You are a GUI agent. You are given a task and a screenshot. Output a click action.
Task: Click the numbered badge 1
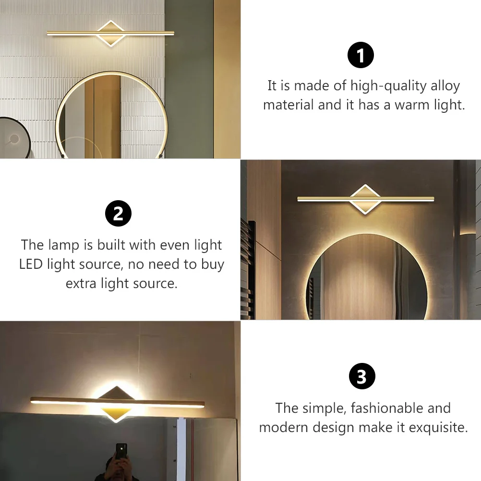coord(361,55)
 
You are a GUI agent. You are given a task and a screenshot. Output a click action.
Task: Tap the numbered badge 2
coord(119,214)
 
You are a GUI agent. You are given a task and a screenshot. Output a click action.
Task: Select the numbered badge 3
coord(361,377)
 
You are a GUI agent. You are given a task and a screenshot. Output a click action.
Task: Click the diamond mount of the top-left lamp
coord(110,33)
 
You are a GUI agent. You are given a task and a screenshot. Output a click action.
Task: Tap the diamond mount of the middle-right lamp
coord(365,199)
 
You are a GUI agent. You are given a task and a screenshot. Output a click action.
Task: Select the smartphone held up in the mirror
coord(121,451)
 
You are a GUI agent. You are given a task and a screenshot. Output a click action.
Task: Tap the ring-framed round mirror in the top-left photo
coord(111,118)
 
